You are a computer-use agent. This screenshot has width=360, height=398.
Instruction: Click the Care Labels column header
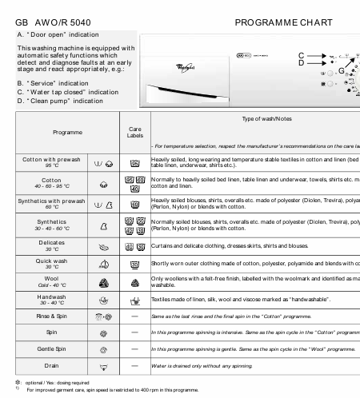(x=135, y=132)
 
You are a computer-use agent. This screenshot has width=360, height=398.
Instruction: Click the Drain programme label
(x=50, y=392)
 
